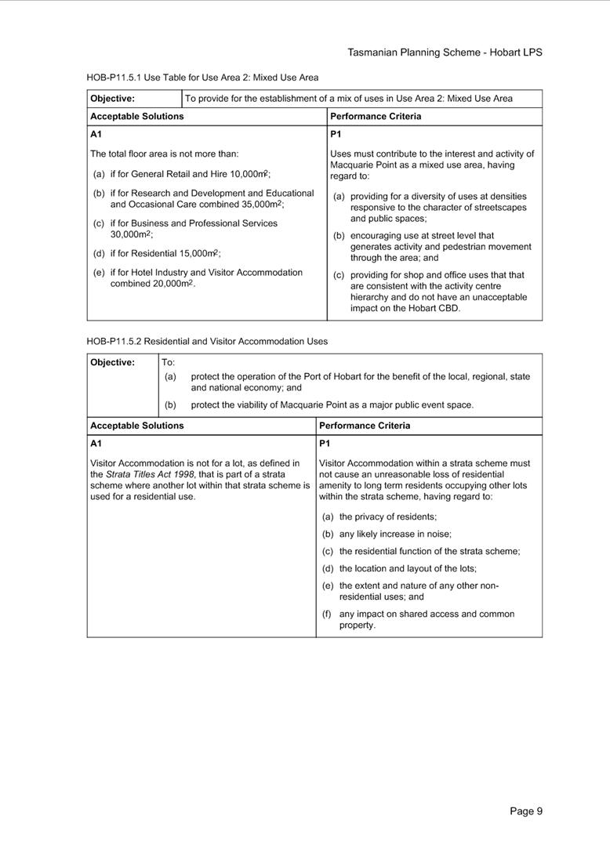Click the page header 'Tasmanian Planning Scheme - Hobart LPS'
point(445,53)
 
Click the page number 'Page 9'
point(525,811)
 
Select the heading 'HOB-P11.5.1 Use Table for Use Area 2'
point(202,78)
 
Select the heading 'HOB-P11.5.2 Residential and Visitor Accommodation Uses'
point(207,341)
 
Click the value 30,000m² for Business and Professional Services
point(131,234)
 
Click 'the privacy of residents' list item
point(387,517)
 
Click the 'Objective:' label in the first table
point(112,99)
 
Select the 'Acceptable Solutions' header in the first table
point(136,116)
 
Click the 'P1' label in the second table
point(325,444)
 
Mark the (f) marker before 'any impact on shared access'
point(327,614)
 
